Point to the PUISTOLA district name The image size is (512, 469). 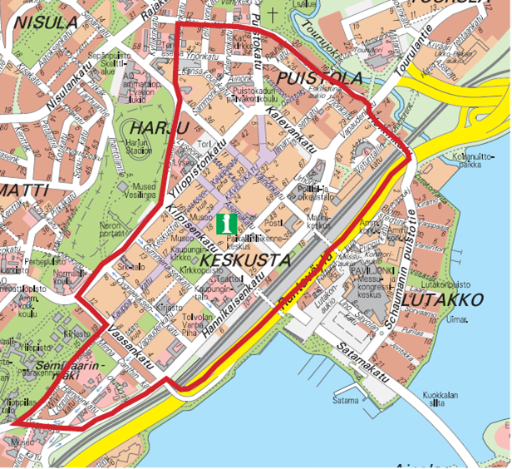click(320, 78)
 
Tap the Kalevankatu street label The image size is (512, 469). click(291, 130)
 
